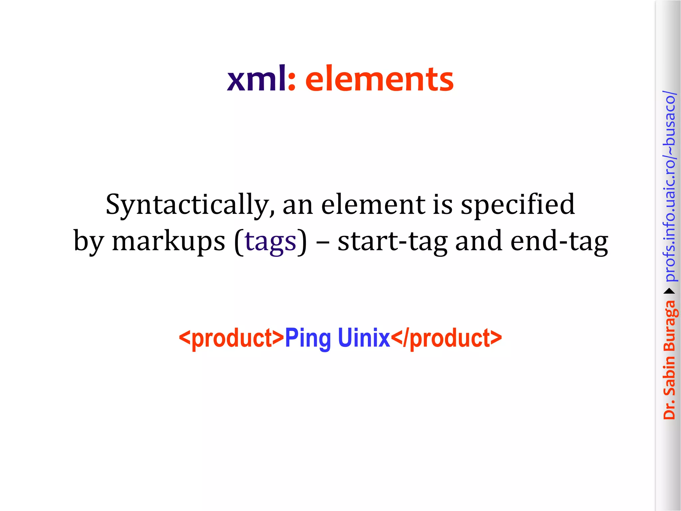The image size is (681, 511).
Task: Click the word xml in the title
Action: [x=256, y=79]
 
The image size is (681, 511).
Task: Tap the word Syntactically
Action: [x=190, y=205]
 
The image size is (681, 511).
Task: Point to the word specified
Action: [x=517, y=205]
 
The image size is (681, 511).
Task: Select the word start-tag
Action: [x=392, y=242]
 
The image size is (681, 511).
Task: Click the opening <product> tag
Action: [x=231, y=338]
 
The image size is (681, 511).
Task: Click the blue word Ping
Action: [x=308, y=338]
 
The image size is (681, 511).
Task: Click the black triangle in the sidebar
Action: [x=669, y=291]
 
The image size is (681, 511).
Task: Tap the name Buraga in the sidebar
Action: [x=670, y=326]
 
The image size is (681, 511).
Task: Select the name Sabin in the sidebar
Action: [x=669, y=376]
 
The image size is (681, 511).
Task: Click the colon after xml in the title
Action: [x=292, y=82]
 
